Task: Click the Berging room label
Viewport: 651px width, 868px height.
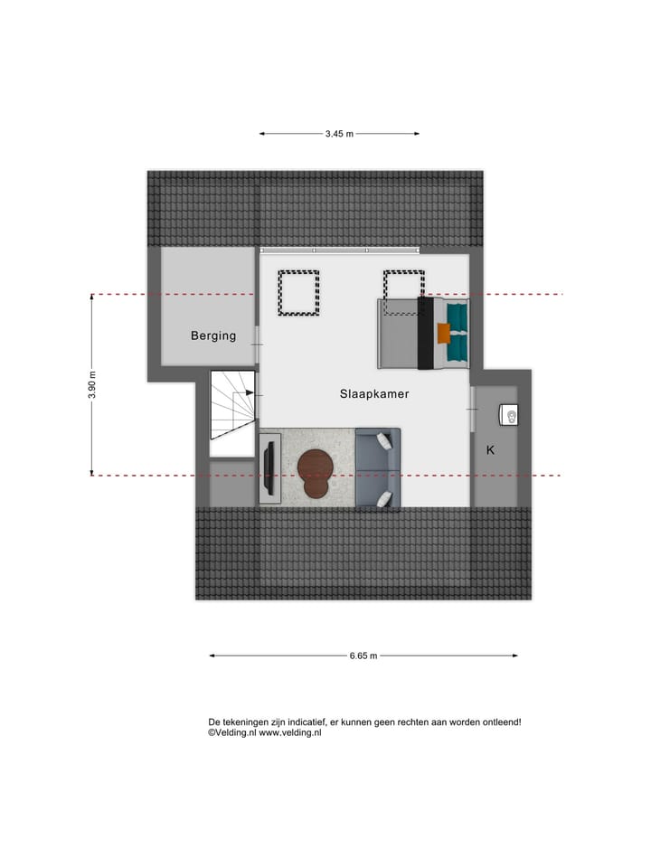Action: (213, 335)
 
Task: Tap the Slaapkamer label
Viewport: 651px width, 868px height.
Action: (374, 393)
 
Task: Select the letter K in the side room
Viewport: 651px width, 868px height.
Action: (490, 448)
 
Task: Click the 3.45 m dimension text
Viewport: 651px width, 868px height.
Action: (339, 134)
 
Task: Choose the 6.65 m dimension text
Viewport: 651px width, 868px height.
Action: (363, 656)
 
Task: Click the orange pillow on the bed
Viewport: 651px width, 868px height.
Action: (443, 333)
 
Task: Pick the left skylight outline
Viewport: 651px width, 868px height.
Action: (299, 293)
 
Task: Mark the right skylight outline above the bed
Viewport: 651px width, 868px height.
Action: (403, 291)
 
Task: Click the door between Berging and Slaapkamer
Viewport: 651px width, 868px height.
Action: (258, 336)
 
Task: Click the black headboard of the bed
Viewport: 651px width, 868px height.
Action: (423, 333)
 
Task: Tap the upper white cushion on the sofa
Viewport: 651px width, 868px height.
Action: (386, 440)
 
